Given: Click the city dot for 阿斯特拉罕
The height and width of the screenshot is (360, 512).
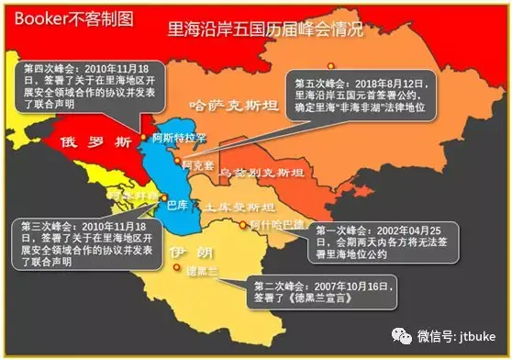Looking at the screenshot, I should (143, 138).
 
